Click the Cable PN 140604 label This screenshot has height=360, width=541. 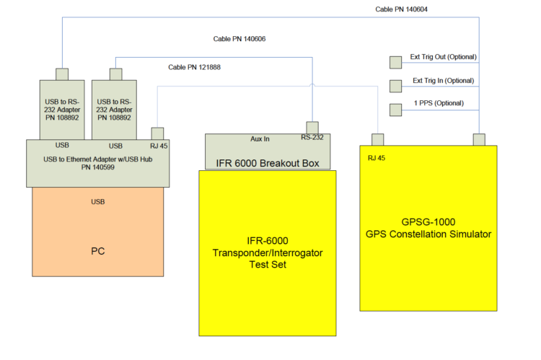point(401,9)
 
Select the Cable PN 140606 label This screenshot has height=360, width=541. point(239,39)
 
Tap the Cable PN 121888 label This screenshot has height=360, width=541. point(194,67)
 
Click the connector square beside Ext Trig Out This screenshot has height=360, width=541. point(396,63)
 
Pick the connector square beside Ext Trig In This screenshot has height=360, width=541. point(396,87)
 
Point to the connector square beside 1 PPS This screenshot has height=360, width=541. point(396,110)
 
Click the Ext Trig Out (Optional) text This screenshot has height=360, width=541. point(444,57)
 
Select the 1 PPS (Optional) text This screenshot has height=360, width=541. point(439,103)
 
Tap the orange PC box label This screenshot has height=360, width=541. point(98,251)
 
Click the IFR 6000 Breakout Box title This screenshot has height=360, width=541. point(268,163)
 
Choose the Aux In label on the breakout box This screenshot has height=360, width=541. point(260,139)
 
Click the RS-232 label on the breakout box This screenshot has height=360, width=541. point(312,137)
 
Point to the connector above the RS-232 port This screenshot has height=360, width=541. point(312,128)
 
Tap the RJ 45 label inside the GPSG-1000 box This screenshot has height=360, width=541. point(377,158)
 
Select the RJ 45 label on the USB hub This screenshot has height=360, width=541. point(159,146)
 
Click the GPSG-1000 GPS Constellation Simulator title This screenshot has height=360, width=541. point(428,228)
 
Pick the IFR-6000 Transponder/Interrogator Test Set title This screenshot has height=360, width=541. point(268,253)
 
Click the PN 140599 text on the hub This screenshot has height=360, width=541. point(98,167)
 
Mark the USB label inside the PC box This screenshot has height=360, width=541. point(98,202)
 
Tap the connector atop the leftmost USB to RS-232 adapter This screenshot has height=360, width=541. point(62,74)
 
